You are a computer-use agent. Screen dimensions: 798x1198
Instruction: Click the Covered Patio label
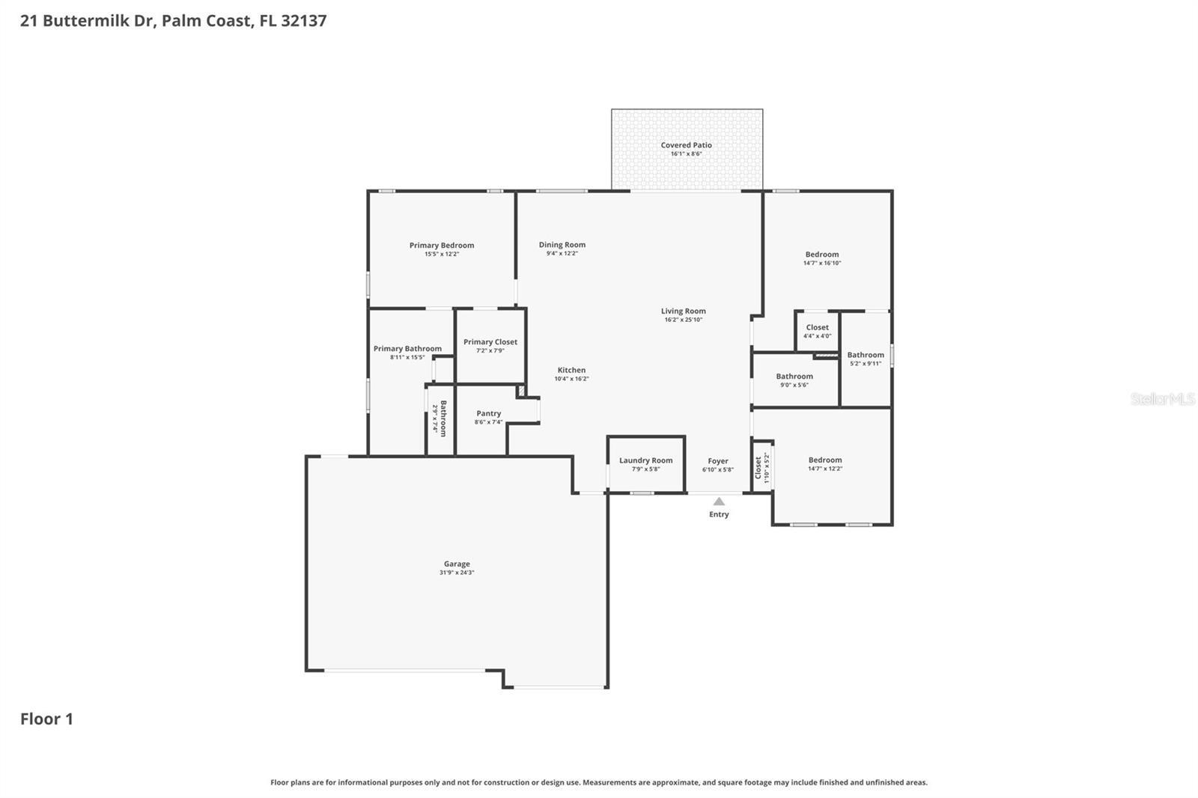(686, 145)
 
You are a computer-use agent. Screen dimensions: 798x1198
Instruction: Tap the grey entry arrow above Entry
(719, 502)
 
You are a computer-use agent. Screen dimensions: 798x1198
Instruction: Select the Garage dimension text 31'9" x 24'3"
(457, 573)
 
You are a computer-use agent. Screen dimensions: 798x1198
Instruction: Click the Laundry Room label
(645, 460)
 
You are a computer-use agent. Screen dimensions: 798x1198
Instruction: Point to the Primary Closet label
(490, 342)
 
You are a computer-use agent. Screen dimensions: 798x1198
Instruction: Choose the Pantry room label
(488, 413)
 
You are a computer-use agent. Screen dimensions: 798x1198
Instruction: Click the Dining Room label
(562, 245)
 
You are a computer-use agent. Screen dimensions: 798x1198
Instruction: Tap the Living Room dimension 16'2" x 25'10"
(683, 320)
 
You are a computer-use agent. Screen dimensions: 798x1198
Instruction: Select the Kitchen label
(571, 370)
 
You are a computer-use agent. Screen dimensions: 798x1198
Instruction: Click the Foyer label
(717, 461)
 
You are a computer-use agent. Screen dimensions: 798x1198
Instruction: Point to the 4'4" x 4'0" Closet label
(817, 327)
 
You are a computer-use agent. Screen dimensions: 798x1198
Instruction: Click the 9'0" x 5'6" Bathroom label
(794, 377)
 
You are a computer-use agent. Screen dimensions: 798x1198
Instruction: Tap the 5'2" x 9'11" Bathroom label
(866, 355)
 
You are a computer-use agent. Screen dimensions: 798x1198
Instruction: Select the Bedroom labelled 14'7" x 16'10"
(821, 255)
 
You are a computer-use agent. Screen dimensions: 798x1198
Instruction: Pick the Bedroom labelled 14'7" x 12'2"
(824, 460)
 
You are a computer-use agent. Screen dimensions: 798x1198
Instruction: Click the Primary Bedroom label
(441, 246)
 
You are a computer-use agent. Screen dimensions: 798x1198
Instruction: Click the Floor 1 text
(46, 719)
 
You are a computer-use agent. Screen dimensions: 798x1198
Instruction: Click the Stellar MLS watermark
(1162, 399)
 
